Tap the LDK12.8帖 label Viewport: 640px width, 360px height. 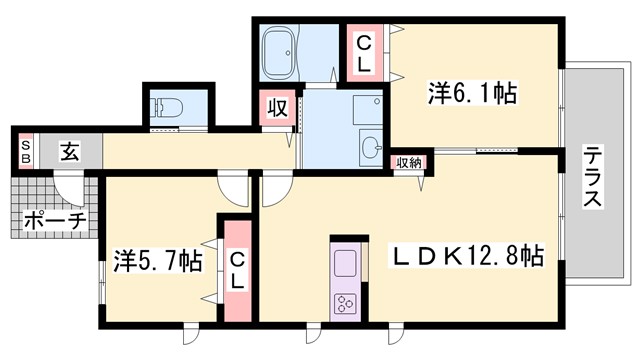pyautogui.click(x=467, y=256)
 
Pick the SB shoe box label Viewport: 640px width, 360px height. pyautogui.click(x=25, y=153)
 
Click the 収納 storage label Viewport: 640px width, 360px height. pyautogui.click(x=407, y=163)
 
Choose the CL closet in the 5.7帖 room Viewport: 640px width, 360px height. pyautogui.click(x=237, y=271)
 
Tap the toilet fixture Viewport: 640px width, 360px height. pyautogui.click(x=165, y=108)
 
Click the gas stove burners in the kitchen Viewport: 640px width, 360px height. pyautogui.click(x=346, y=304)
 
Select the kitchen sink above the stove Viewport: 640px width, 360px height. pyautogui.click(x=344, y=266)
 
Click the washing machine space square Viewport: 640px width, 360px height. pyautogui.click(x=364, y=111)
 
